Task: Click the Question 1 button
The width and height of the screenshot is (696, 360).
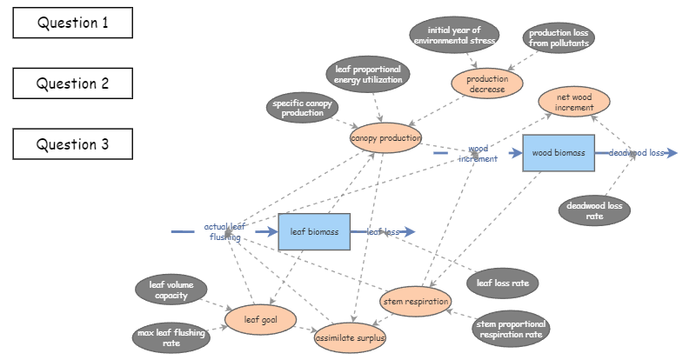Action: coord(73,23)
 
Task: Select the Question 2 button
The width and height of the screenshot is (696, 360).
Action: coord(73,83)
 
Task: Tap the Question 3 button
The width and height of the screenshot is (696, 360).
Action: coord(73,144)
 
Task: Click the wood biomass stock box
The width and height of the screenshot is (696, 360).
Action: coord(559,153)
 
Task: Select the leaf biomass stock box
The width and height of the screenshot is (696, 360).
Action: coord(314,232)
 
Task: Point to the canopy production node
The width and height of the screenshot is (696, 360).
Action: coord(385,138)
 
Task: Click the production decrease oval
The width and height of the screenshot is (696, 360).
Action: coord(487,83)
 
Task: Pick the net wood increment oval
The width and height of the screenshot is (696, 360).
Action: coord(574,102)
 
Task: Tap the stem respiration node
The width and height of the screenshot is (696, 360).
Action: coord(416,302)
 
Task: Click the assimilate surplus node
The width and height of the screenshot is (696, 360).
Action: coord(350,337)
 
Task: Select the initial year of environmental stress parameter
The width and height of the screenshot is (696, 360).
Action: coord(455,35)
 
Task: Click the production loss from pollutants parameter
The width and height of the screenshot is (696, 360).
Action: coord(560,38)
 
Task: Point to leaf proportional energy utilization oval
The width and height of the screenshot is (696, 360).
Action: coord(369,74)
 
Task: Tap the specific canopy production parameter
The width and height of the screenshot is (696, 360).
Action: coord(303,108)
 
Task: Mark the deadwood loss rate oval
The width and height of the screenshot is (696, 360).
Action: coord(595,210)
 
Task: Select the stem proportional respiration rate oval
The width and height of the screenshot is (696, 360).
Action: coord(510,328)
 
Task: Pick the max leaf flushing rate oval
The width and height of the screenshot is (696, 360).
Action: coord(171,337)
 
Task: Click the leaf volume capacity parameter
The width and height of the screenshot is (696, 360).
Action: coord(171,290)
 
